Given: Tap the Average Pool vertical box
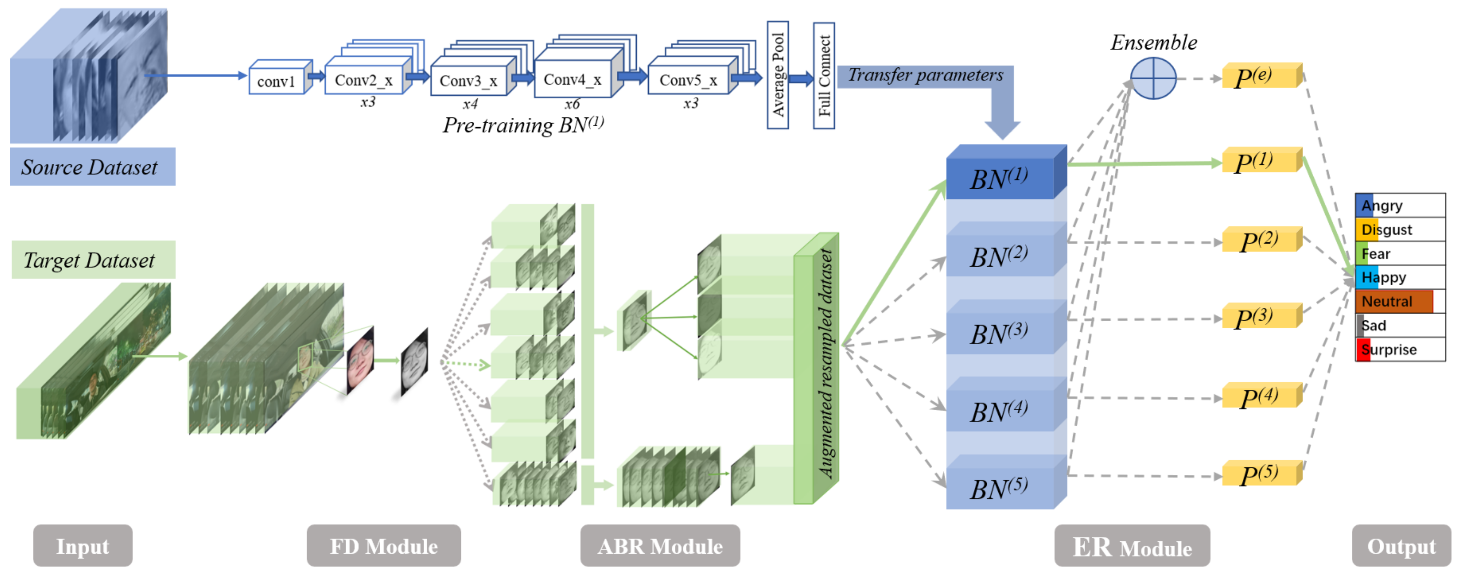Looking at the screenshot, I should [777, 75].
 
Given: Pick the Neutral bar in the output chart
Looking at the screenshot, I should [1394, 301].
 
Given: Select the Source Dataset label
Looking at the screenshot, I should [91, 167].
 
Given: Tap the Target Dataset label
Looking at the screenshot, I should [91, 260].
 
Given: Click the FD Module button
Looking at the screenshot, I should [383, 546].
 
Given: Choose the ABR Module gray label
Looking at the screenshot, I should [660, 546].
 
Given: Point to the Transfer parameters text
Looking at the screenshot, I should [925, 75].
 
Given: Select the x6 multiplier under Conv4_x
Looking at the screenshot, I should [572, 104].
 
